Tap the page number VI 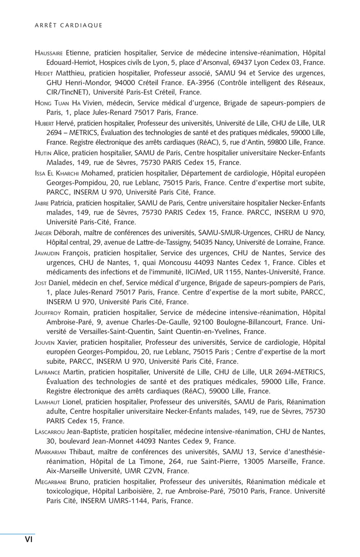coord(29,539)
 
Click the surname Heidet coord(44,73)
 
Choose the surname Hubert coord(45,123)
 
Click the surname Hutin coord(43,153)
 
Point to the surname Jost coord(42,282)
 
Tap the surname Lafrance coord(47,372)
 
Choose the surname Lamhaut coord(47,401)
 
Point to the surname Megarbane coord(51,481)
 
